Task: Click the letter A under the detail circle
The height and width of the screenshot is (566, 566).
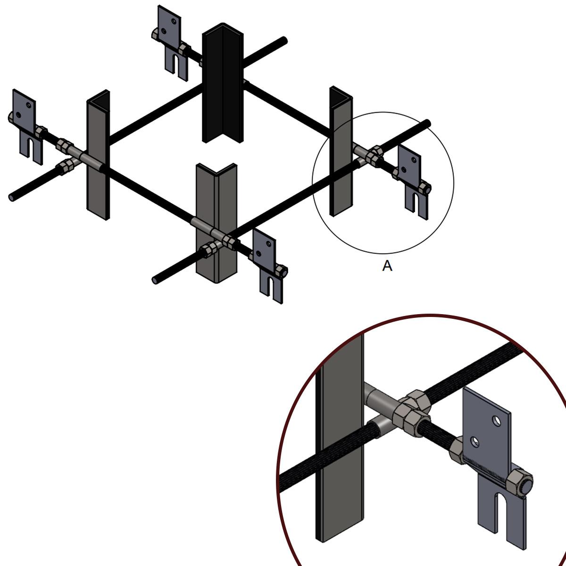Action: pos(387,266)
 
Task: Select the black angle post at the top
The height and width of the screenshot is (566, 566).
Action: pos(223,83)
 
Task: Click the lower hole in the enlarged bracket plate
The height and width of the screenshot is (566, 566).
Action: pos(474,441)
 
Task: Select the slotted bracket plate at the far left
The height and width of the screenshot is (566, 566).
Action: pos(28,126)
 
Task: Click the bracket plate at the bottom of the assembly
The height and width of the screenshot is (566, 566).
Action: pos(268,266)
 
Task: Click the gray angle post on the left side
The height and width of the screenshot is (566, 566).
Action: pos(99,155)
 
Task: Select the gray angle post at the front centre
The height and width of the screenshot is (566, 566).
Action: pos(216,223)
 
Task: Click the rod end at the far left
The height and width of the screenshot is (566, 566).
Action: pos(12,197)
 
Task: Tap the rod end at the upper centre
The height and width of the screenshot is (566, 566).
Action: pos(284,40)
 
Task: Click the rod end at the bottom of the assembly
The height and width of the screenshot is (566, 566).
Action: pos(155,280)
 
